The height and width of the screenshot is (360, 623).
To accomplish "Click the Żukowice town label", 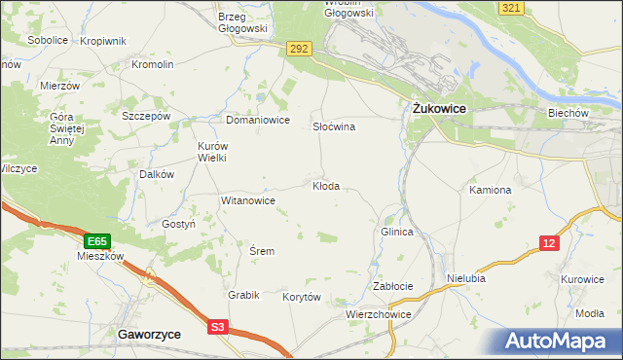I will [x=434, y=109].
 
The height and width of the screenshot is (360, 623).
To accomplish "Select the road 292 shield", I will [x=299, y=48].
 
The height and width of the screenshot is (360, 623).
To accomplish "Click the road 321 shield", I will [x=512, y=8].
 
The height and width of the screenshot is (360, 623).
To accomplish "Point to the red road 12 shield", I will [x=550, y=243].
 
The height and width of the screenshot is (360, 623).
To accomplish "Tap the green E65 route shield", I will [x=95, y=240].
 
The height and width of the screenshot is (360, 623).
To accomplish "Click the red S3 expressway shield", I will [x=219, y=328].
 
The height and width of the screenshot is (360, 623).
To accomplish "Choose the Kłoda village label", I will [x=326, y=186].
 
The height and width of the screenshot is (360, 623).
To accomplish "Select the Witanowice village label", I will [x=248, y=200].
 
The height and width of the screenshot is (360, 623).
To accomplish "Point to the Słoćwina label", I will [x=333, y=127].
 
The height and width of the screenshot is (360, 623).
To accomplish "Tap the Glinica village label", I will [x=397, y=233].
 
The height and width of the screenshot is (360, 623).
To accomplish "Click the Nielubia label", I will [x=466, y=277].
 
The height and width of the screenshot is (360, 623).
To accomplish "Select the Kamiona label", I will [x=490, y=190].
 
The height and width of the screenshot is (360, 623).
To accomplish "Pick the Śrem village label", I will [x=262, y=251].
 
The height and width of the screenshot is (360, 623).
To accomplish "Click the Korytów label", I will [x=301, y=297].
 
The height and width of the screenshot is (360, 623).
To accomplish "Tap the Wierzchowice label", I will [x=379, y=315].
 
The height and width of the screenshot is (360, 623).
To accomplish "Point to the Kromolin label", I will [x=153, y=64].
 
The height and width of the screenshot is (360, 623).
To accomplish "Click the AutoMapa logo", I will [x=560, y=341].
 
